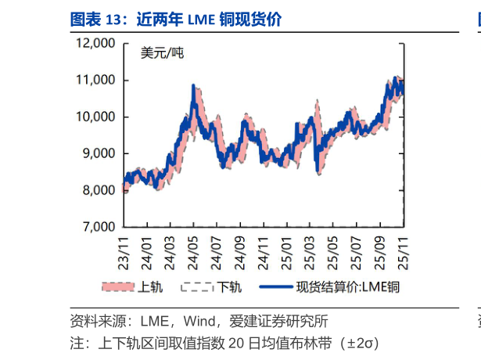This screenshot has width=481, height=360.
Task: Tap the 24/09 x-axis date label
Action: [239, 248]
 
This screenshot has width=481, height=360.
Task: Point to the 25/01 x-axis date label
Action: [285, 248]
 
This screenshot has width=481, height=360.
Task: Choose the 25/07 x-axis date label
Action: [354, 248]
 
